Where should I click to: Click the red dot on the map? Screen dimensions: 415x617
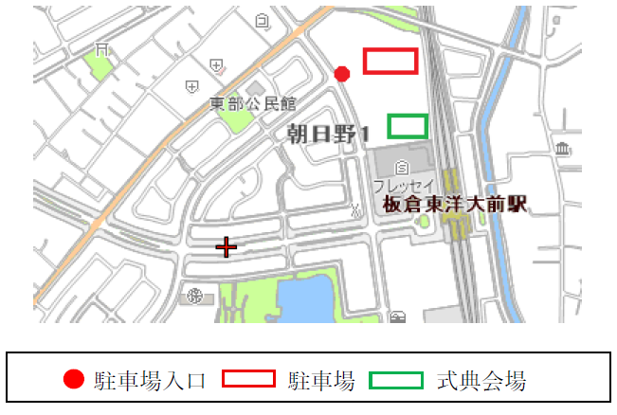coord(343,73)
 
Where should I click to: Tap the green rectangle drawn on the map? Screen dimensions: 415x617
coord(408,125)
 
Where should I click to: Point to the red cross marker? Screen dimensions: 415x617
coord(226,247)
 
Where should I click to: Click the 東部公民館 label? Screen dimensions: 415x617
coord(253,103)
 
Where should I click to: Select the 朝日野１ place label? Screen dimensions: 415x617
coord(327,136)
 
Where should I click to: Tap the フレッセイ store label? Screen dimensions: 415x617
coord(403,185)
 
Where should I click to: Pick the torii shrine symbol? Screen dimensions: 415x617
coord(101,48)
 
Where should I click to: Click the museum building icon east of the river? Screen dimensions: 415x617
coord(564,151)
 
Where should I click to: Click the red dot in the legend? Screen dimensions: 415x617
coord(74,380)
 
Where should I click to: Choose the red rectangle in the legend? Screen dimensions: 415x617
coord(248,380)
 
